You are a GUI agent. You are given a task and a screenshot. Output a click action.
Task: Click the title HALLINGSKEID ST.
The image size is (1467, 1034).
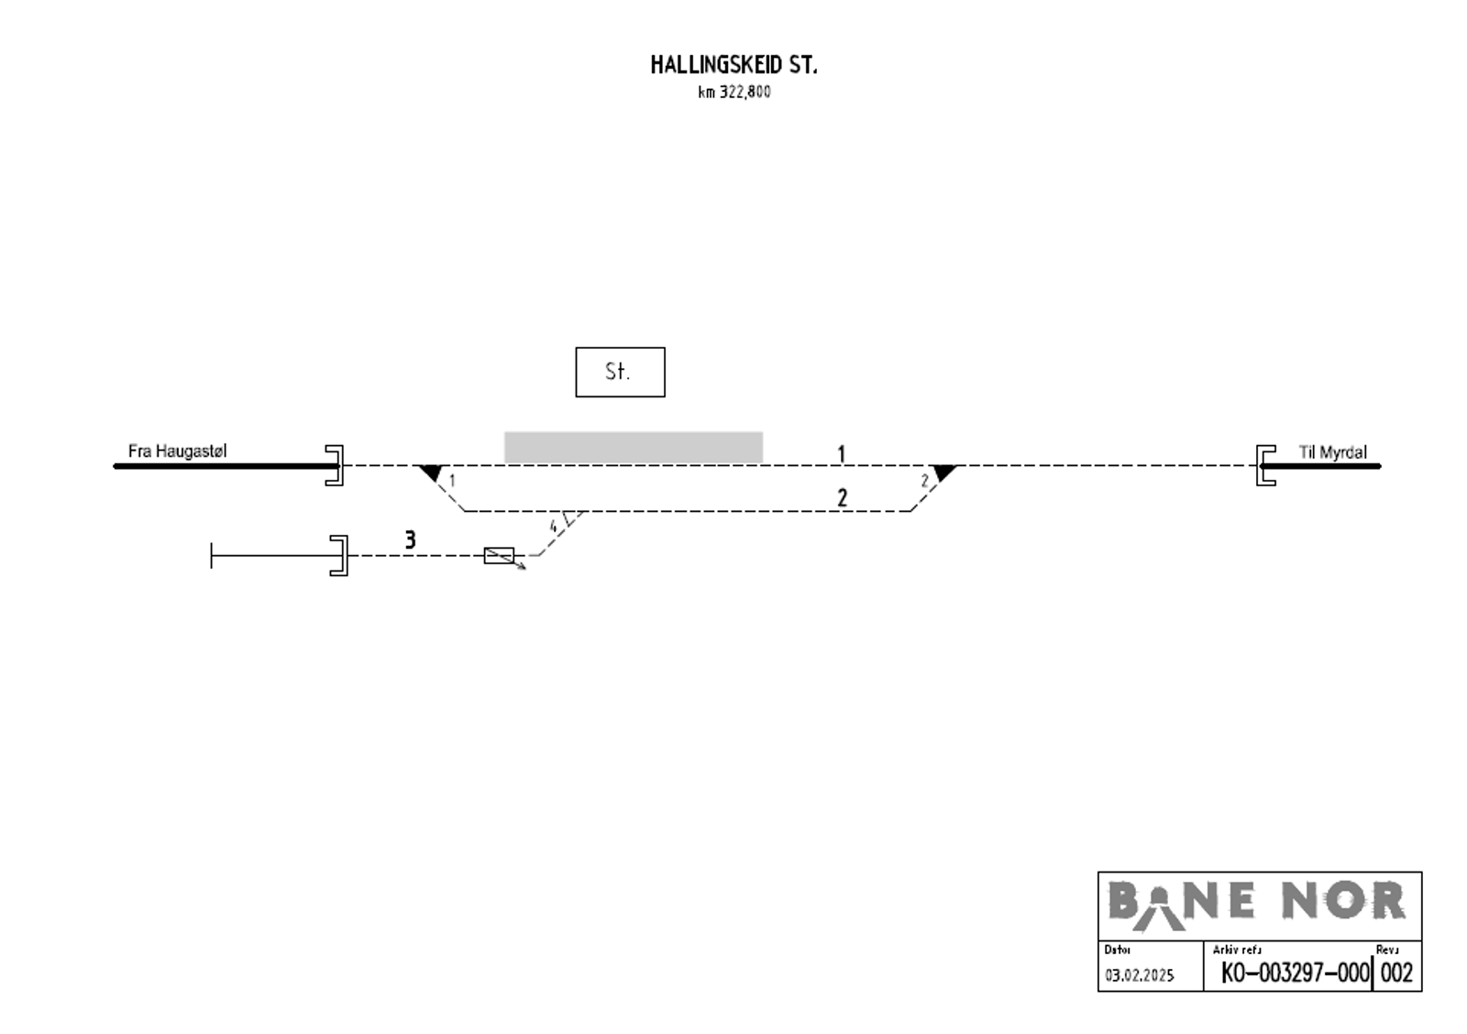click(x=733, y=65)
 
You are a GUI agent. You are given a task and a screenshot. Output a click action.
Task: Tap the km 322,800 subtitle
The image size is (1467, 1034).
click(x=733, y=92)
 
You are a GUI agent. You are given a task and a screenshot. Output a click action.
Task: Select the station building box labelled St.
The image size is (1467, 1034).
click(x=620, y=372)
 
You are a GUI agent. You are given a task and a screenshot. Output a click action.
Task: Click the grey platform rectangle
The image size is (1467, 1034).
click(x=633, y=447)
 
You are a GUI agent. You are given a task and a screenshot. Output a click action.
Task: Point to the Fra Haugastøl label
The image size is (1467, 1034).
click(x=177, y=451)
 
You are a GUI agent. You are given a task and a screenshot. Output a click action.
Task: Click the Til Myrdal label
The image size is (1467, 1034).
click(x=1332, y=452)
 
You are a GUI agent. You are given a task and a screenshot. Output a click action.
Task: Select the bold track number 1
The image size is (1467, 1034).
click(x=841, y=454)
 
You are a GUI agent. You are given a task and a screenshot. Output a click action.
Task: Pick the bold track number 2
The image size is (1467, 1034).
click(x=842, y=498)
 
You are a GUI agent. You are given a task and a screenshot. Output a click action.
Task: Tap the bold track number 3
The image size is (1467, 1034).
click(x=410, y=540)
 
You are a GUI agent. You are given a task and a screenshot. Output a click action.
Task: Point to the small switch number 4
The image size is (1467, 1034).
click(x=553, y=527)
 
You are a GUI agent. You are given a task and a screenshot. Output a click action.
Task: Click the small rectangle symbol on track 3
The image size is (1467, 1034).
click(x=499, y=555)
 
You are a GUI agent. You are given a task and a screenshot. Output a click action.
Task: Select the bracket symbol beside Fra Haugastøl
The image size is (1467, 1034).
click(x=336, y=465)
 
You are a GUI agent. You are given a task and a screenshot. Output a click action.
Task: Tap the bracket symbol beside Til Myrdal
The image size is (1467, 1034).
click(x=1265, y=465)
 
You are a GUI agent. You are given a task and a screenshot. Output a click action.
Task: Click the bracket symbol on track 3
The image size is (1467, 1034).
click(x=340, y=555)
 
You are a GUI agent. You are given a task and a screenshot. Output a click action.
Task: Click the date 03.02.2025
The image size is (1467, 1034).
click(x=1139, y=975)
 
